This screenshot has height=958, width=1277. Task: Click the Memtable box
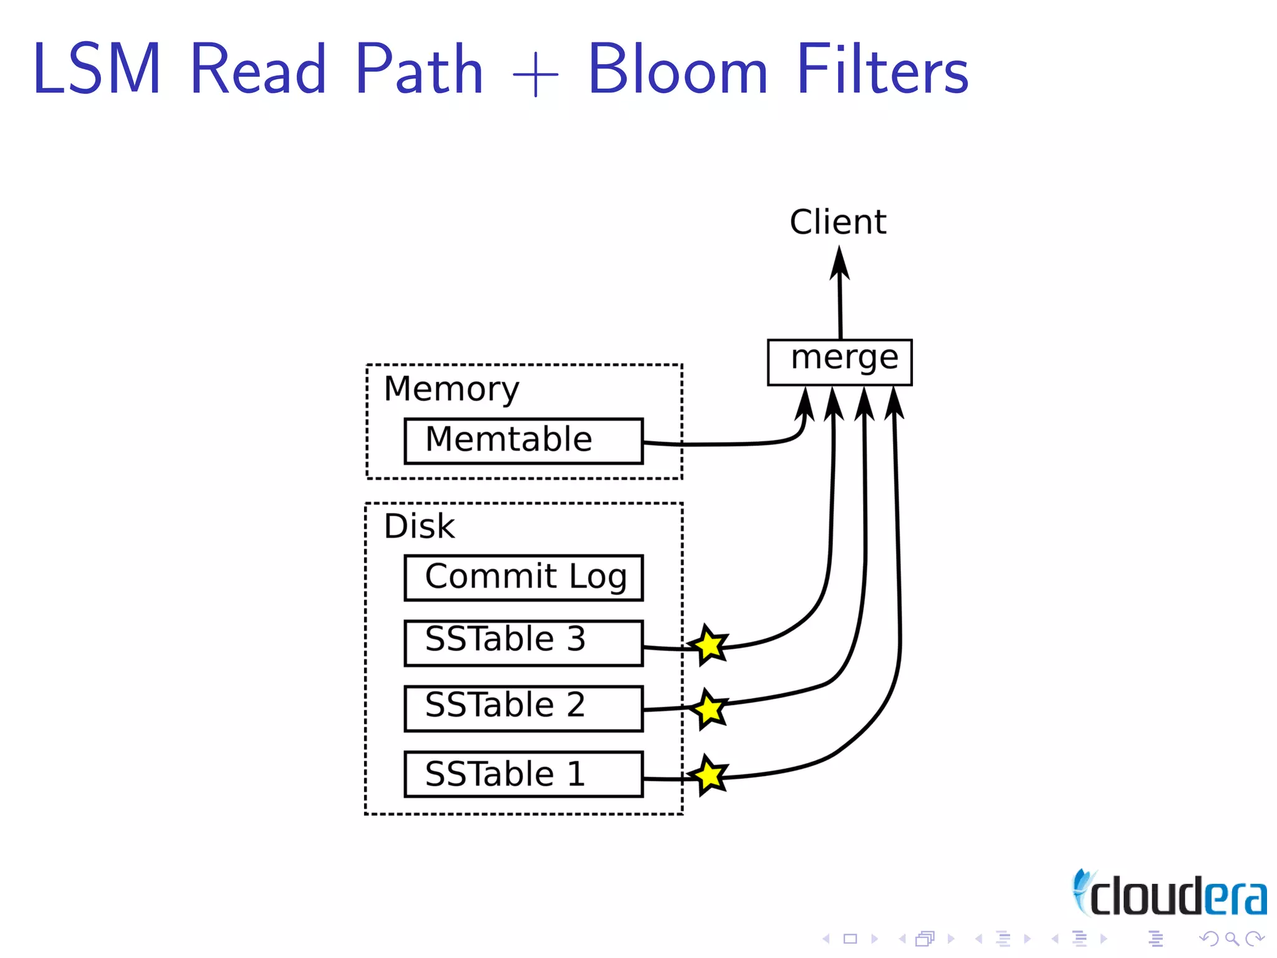523,441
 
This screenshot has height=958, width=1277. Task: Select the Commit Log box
523,578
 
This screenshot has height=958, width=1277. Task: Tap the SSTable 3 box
523,642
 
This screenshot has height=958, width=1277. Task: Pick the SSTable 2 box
523,708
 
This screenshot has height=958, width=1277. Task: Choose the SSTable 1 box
523,774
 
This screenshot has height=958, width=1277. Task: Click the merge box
839,362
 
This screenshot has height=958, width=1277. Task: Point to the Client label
837,222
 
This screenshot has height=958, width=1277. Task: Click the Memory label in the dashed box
451,389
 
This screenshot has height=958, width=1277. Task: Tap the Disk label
419,526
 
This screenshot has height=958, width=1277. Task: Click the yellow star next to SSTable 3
709,645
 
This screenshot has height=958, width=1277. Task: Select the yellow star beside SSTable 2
709,710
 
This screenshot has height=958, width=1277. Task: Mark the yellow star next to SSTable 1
709,775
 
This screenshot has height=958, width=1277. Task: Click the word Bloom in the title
677,70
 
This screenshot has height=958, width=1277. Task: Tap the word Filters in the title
882,70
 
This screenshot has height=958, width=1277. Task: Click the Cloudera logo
1170,894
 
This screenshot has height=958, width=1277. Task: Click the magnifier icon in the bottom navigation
1231,938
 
